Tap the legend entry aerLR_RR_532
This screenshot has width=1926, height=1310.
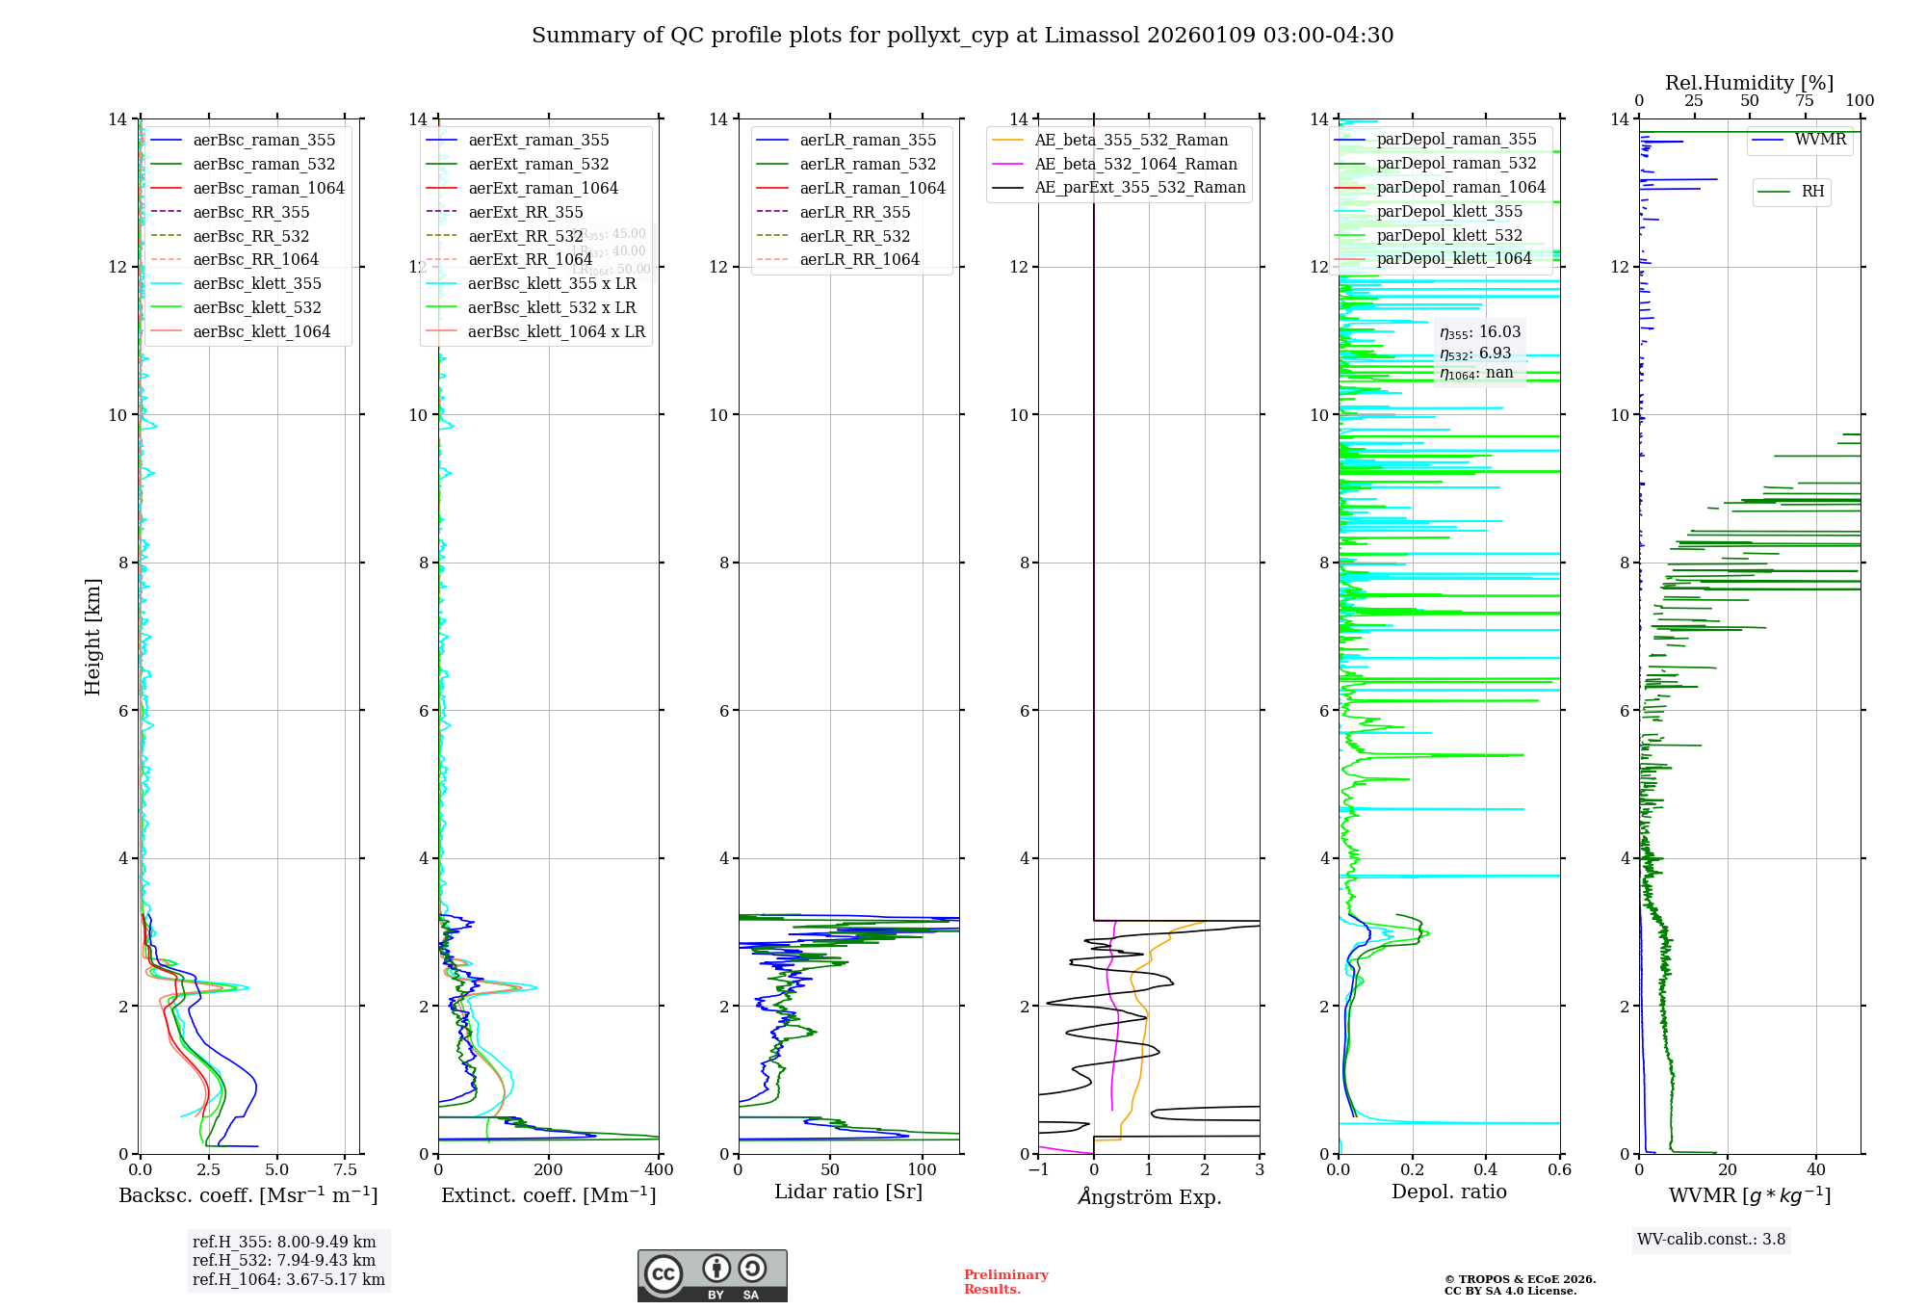click(x=854, y=236)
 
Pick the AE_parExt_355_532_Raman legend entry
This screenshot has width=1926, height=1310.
click(x=1139, y=188)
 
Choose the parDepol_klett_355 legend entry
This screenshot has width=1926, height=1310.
click(x=1449, y=211)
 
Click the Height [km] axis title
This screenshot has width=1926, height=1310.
click(x=92, y=637)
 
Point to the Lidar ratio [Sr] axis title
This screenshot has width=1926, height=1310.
click(x=847, y=1192)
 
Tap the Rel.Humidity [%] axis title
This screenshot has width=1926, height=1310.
click(x=1749, y=83)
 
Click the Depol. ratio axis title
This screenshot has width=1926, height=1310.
click(x=1448, y=1192)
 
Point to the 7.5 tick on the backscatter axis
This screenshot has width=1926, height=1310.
click(x=345, y=1170)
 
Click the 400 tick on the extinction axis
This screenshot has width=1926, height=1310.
click(x=659, y=1170)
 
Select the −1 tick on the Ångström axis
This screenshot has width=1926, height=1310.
click(x=1038, y=1170)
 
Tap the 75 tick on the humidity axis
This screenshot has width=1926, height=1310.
click(x=1804, y=101)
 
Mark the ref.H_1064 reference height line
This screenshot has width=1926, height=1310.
click(x=288, y=1280)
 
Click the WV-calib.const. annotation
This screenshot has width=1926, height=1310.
click(x=1710, y=1240)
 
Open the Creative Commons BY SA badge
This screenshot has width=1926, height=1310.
click(x=712, y=1276)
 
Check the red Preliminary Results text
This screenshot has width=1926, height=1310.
click(x=1005, y=1282)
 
